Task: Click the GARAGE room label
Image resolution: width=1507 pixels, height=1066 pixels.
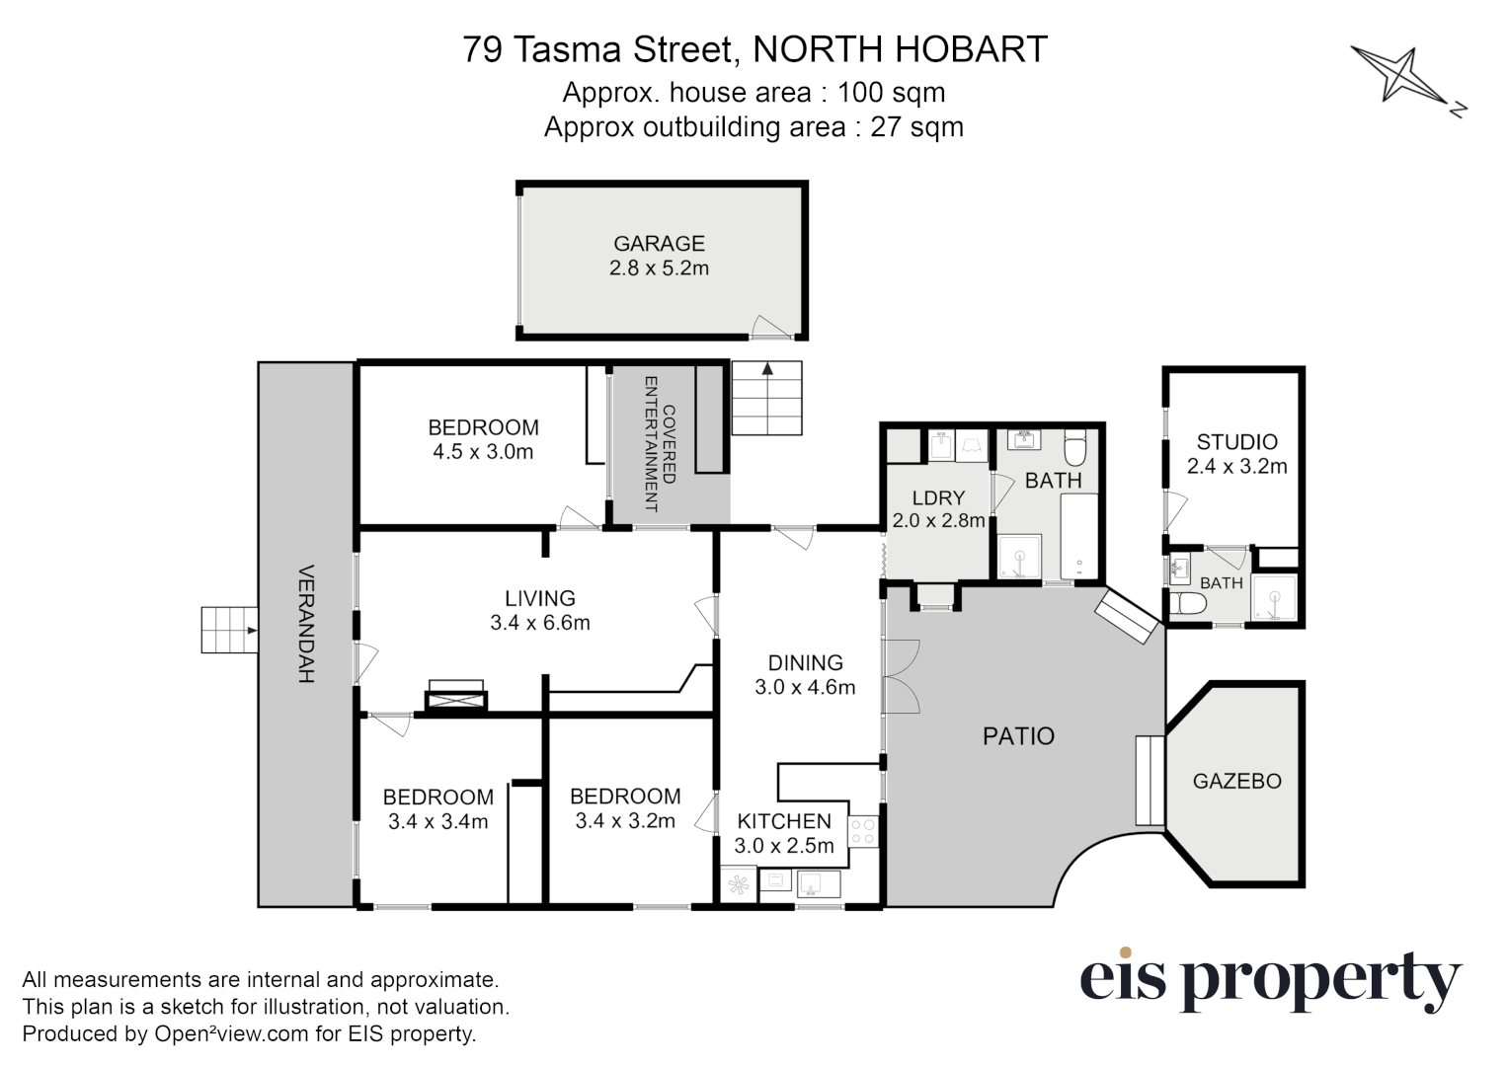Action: (x=659, y=243)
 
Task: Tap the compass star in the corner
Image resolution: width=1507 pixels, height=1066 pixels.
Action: (x=1401, y=76)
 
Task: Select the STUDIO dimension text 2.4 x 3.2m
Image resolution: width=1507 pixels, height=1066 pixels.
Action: (x=1236, y=467)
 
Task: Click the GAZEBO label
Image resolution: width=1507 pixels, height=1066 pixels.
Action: (x=1236, y=781)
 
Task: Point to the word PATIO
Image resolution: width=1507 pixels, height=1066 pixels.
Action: (x=1018, y=735)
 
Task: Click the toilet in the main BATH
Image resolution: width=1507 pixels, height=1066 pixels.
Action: (x=1075, y=449)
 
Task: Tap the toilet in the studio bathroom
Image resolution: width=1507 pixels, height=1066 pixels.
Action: (x=1187, y=603)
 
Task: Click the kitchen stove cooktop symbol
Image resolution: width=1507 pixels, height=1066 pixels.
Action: (x=862, y=830)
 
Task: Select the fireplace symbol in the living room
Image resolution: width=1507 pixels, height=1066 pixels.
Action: (x=455, y=696)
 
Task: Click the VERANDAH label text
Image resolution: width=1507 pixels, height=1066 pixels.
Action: (x=305, y=624)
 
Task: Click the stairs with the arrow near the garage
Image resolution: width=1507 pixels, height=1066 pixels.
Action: (x=766, y=398)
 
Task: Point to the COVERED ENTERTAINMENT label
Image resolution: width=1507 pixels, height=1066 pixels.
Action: (x=659, y=443)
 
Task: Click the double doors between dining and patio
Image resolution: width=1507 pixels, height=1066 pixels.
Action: (x=900, y=676)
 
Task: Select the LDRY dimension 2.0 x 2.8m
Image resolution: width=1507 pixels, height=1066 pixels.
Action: (x=938, y=520)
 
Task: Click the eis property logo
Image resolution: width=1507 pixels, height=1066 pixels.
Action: (x=1269, y=979)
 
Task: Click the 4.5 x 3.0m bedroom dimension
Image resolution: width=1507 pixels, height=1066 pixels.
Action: (x=483, y=452)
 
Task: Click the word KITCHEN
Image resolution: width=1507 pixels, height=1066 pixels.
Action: (x=784, y=821)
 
